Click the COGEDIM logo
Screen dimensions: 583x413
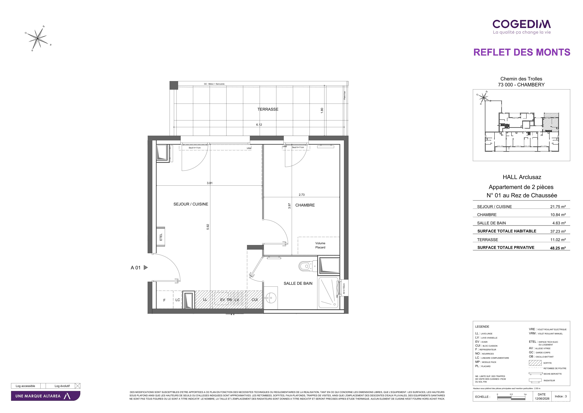point(522,27)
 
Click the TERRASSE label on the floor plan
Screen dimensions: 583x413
point(268,109)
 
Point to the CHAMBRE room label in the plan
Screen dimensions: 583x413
point(305,205)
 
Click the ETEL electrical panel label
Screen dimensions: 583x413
point(161,237)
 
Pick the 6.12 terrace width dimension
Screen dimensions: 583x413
point(259,125)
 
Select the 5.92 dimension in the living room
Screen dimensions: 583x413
point(208,227)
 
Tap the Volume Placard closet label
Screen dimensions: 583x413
point(320,245)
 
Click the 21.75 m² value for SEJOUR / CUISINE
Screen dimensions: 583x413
point(558,207)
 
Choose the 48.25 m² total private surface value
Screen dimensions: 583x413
point(558,248)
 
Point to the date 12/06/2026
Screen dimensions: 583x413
point(542,399)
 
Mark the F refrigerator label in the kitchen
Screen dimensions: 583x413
point(164,300)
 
